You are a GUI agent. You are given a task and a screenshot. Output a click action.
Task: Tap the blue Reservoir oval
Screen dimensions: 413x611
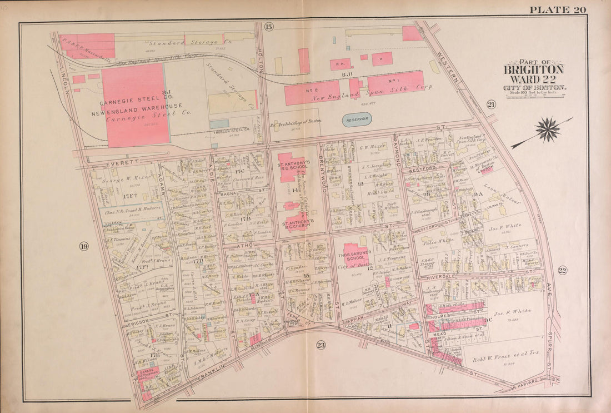(357, 120)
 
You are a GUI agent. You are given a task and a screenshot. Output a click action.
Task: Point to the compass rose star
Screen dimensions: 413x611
(548, 130)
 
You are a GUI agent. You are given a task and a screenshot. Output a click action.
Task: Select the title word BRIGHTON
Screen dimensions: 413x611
(533, 70)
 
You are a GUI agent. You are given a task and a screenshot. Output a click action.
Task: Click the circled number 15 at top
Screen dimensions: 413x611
(269, 27)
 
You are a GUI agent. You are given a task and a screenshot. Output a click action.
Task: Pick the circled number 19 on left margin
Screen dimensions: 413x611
(83, 246)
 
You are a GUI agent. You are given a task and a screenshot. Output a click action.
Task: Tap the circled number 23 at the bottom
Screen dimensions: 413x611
(321, 345)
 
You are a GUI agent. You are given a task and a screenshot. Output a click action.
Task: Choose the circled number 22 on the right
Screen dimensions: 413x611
(562, 270)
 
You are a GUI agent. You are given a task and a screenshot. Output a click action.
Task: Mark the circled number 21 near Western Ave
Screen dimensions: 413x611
(491, 105)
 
